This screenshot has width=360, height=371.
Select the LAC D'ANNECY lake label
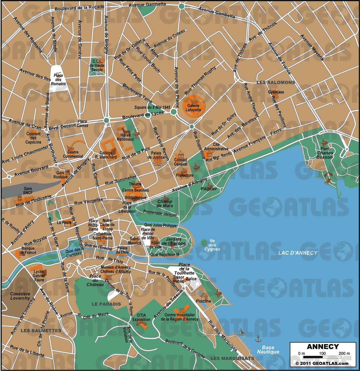pyautogui.click(x=298, y=253)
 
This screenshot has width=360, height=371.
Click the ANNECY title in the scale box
pyautogui.click(x=322, y=347)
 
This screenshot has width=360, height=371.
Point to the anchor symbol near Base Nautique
pyautogui.click(x=258, y=339)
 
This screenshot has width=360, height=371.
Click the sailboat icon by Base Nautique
pyautogui.click(x=241, y=332)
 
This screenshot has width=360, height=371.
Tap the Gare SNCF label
pyautogui.click(x=28, y=191)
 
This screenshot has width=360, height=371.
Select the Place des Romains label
pyautogui.click(x=58, y=80)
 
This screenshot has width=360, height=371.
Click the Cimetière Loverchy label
pyautogui.click(x=20, y=296)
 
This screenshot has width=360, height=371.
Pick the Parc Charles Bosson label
pyautogui.click(x=325, y=153)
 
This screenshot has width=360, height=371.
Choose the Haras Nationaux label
pyautogui.click(x=125, y=137)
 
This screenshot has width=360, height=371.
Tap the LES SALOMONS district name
pyautogui.click(x=276, y=82)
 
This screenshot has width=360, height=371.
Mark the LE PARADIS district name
pyautogui.click(x=106, y=304)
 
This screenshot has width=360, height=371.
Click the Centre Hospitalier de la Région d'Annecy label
pyautogui.click(x=179, y=317)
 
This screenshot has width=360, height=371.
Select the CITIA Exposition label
pyautogui.click(x=141, y=317)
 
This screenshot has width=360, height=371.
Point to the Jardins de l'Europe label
pyautogui.click(x=173, y=241)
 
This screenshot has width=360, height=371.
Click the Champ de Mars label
pyautogui.click(x=165, y=203)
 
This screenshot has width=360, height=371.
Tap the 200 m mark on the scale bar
pyautogui.click(x=344, y=354)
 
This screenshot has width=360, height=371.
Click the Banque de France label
pyautogui.click(x=28, y=251)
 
